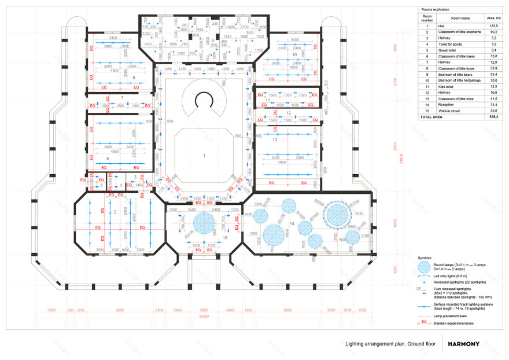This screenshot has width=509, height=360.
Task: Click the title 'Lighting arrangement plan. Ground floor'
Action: click(x=390, y=344)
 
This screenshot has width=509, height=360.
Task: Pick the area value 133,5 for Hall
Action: click(x=493, y=27)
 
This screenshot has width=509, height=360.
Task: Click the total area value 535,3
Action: click(x=493, y=116)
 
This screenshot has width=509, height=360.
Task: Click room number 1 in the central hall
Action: click(x=204, y=156)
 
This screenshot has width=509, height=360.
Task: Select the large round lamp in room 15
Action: click(x=204, y=223)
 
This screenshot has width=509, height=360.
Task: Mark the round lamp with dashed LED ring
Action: click(x=337, y=214)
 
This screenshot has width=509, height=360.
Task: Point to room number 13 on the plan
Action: click(x=275, y=139)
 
